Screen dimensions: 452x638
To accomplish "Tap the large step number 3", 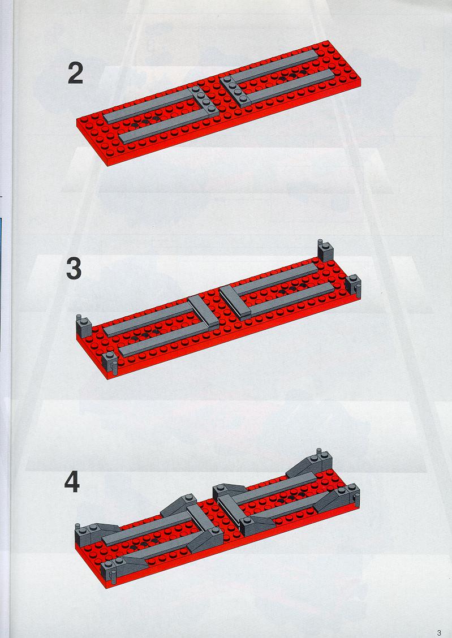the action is [x=74, y=269].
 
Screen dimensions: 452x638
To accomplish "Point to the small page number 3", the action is [x=438, y=633].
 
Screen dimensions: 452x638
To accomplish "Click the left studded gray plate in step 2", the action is [x=204, y=100].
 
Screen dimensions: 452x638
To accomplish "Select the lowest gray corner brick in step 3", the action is [x=109, y=362].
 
